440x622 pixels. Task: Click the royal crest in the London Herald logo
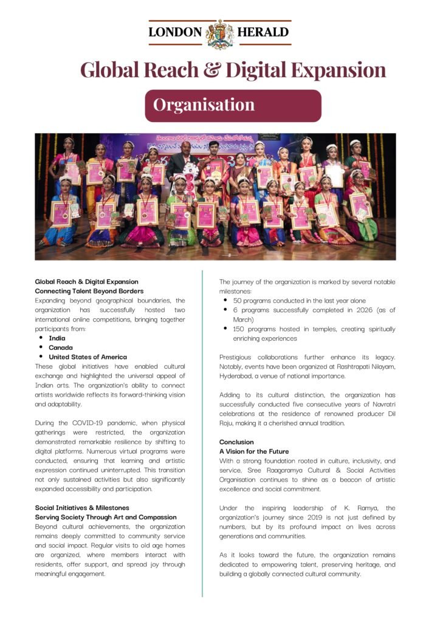[220, 34]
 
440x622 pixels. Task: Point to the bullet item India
[57, 338]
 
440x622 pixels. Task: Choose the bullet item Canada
[60, 347]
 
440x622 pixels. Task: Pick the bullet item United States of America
[88, 357]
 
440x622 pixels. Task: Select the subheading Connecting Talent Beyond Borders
[89, 291]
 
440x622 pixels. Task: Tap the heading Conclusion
[236, 442]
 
